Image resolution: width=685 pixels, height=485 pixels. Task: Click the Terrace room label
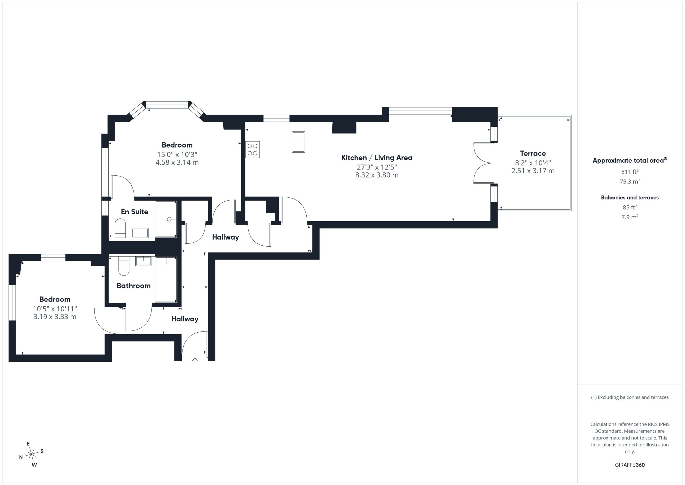pyautogui.click(x=533, y=153)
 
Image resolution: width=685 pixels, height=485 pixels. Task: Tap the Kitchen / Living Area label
pyautogui.click(x=377, y=158)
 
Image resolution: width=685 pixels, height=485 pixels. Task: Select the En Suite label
pyautogui.click(x=135, y=212)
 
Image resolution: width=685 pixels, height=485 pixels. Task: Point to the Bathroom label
pyautogui.click(x=134, y=286)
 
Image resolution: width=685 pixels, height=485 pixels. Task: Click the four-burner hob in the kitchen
pyautogui.click(x=252, y=150)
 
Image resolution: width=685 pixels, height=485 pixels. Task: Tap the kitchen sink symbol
pyautogui.click(x=298, y=142)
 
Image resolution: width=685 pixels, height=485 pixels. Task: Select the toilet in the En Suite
pyautogui.click(x=120, y=228)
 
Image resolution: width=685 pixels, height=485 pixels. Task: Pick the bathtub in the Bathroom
pyautogui.click(x=166, y=280)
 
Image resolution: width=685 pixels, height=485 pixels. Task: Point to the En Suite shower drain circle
pyautogui.click(x=169, y=219)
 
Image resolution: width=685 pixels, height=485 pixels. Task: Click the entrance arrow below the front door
pyautogui.click(x=195, y=361)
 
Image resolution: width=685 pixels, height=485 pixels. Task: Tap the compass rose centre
pyautogui.click(x=31, y=454)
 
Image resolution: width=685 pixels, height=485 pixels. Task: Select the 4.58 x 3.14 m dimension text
pyautogui.click(x=177, y=163)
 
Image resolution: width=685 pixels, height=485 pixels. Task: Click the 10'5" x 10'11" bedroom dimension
pyautogui.click(x=55, y=309)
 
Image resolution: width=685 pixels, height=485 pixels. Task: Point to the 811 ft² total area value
pyautogui.click(x=630, y=172)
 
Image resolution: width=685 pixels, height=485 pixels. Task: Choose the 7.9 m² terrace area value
pyautogui.click(x=630, y=217)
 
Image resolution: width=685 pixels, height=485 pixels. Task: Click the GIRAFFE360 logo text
pyautogui.click(x=630, y=465)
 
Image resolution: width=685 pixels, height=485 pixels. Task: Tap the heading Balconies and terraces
pyautogui.click(x=630, y=198)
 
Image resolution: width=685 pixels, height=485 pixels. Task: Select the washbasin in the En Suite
pyautogui.click(x=140, y=233)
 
